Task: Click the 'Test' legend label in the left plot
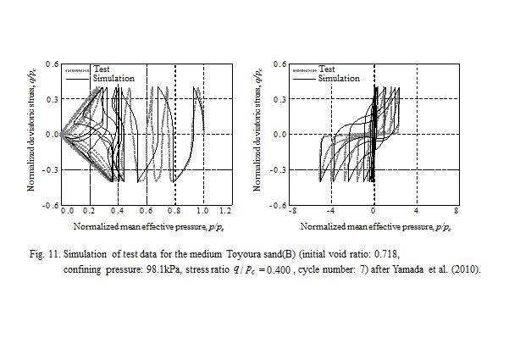point(102,69)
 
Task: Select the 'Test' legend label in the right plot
point(327,69)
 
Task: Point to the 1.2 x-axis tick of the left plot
point(224,209)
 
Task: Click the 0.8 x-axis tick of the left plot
point(174,209)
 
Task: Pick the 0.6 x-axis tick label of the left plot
point(147,209)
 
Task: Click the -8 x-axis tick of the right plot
point(290,209)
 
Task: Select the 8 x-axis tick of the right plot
point(456,209)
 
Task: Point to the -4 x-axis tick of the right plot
point(331,209)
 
